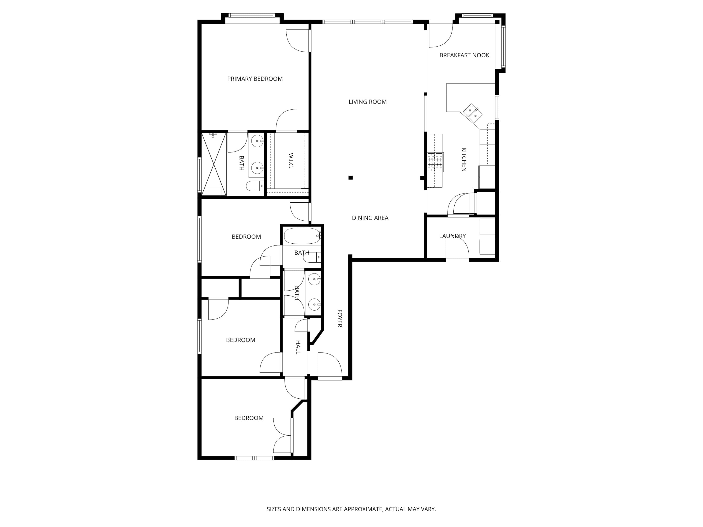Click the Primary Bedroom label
255,79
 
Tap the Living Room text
368,102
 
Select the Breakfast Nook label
464,55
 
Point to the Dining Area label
370,218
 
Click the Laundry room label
452,236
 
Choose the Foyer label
339,318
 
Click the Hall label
298,347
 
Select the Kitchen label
464,160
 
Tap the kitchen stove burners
435,162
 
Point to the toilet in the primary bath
255,186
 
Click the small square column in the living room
351,178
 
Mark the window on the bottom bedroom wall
254,458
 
